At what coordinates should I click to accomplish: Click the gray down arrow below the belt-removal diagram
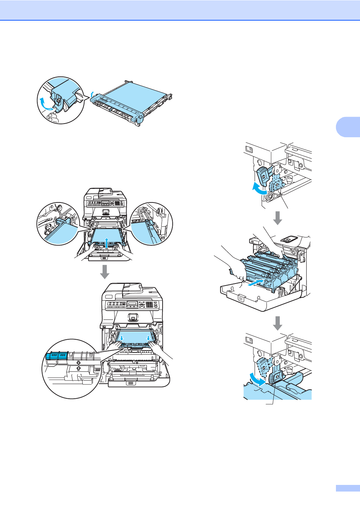[105, 272]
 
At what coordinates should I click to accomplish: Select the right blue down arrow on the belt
[149, 338]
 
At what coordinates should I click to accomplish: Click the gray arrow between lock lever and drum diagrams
[278, 218]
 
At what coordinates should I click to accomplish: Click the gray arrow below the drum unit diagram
[278, 323]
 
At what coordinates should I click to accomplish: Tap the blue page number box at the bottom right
[347, 488]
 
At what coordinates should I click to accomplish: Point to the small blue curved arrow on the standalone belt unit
[92, 94]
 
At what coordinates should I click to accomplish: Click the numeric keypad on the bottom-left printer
[151, 304]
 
